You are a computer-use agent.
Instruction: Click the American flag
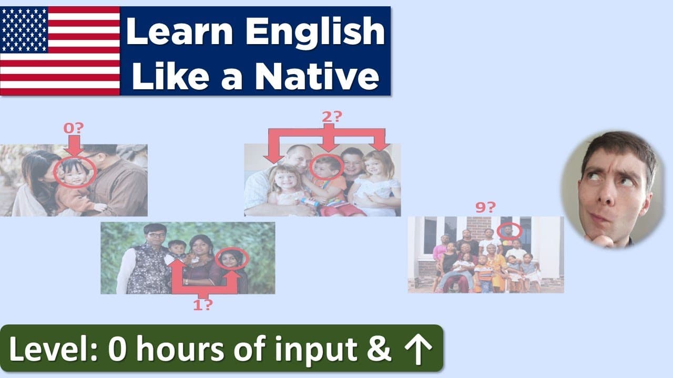[x=60, y=51]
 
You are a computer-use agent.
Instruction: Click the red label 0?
[x=74, y=128]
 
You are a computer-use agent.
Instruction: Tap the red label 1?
[x=203, y=306]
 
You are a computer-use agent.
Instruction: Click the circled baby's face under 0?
[x=76, y=172]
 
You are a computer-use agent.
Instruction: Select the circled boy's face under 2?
[x=326, y=167]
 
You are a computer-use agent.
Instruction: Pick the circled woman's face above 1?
[x=232, y=259]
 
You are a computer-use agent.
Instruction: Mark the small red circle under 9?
[x=509, y=230]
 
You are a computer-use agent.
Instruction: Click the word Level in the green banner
[x=53, y=349]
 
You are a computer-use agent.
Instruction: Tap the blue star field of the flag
[x=24, y=29]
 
